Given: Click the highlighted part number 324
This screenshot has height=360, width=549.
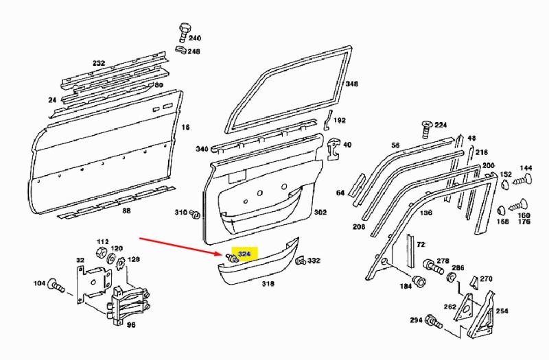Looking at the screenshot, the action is [x=244, y=254].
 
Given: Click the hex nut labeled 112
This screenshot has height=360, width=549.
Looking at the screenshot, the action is [x=101, y=252].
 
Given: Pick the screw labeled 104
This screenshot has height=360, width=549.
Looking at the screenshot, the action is [x=56, y=285].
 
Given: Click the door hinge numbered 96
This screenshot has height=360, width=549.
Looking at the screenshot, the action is [x=129, y=304].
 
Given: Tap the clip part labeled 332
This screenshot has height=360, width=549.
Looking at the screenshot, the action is [x=301, y=261].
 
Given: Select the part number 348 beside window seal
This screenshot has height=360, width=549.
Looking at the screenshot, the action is [x=352, y=84].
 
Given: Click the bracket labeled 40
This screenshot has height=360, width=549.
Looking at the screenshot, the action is [x=334, y=149].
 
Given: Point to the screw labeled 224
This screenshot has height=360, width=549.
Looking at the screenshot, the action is [x=426, y=130].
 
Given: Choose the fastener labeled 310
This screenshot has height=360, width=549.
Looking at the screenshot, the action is [x=195, y=214].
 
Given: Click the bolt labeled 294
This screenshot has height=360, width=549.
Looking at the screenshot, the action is [x=434, y=322].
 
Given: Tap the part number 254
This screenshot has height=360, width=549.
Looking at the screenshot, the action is [x=502, y=311].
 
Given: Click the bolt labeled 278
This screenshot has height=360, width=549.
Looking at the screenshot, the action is [x=433, y=267].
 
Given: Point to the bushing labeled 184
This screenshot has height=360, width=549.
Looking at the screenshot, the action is [x=419, y=280].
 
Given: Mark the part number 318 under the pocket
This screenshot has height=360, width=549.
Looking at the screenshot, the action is [x=268, y=283].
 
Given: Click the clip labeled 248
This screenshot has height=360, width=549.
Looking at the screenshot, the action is [x=181, y=49].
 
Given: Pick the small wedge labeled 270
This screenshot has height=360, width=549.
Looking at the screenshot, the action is [x=474, y=282].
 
